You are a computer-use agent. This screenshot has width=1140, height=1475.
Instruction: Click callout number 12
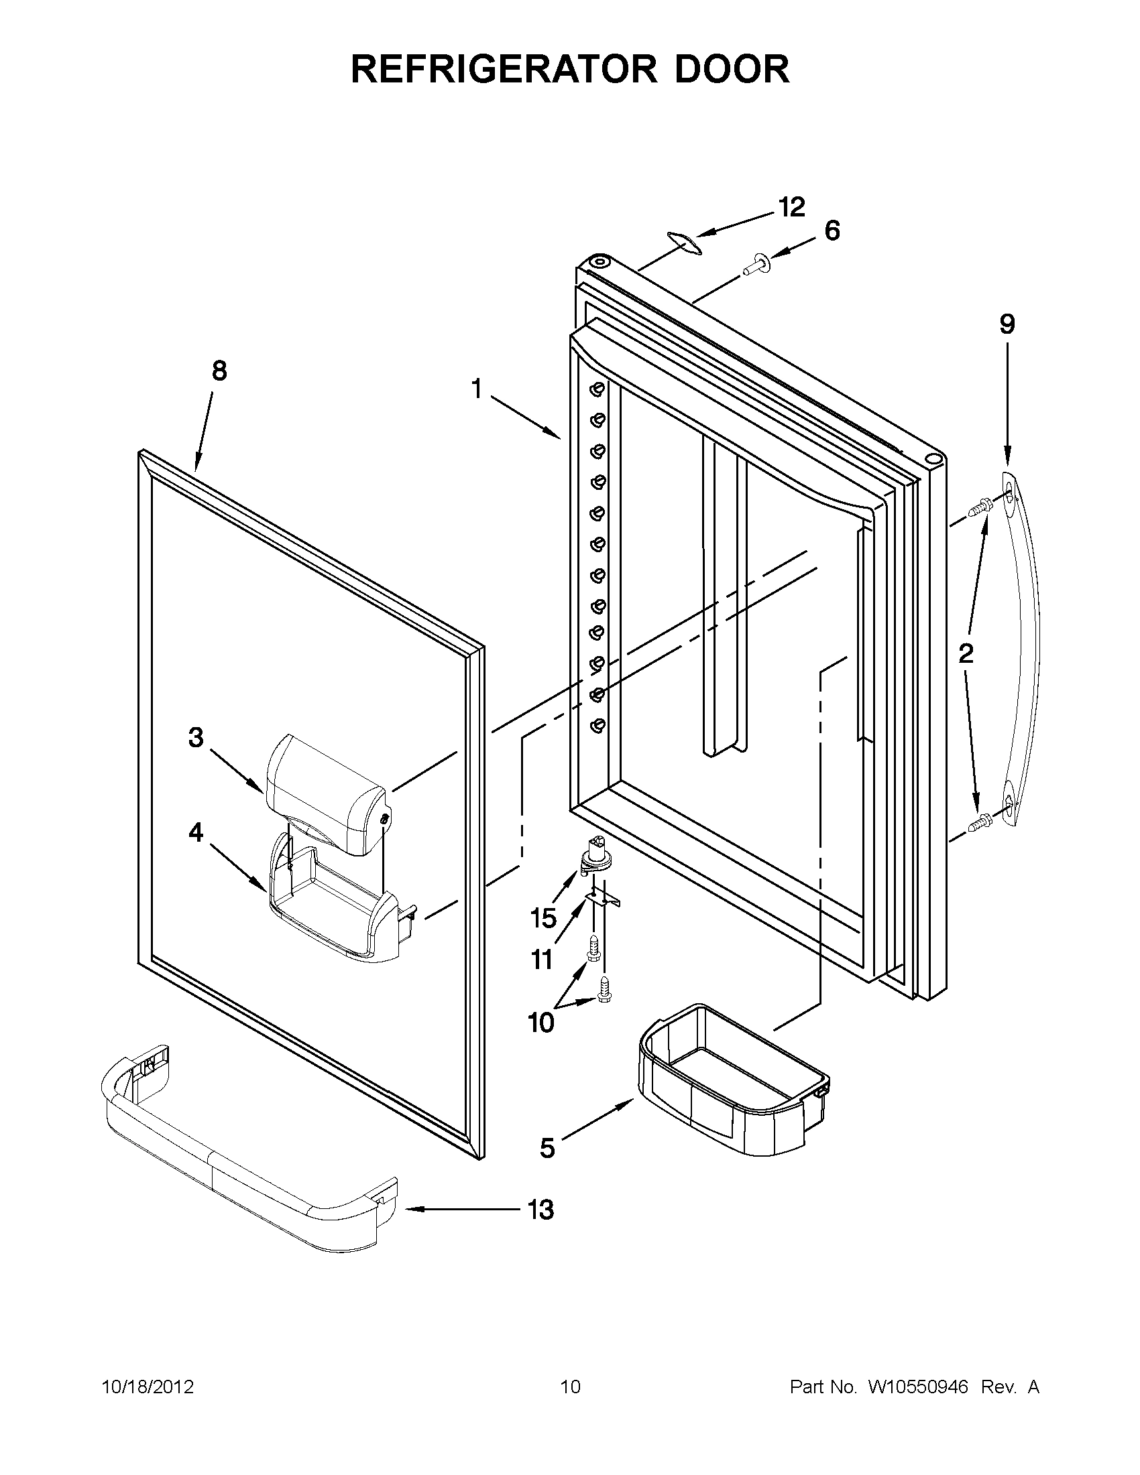click(x=791, y=207)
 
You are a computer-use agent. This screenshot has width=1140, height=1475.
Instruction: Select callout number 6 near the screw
click(x=832, y=231)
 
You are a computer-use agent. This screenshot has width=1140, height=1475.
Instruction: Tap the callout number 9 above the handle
click(x=1007, y=325)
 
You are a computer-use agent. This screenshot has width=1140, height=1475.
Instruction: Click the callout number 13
click(x=540, y=1210)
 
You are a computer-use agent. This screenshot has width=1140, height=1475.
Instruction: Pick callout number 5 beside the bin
click(x=547, y=1147)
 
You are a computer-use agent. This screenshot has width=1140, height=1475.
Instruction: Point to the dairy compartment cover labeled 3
click(x=328, y=793)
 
